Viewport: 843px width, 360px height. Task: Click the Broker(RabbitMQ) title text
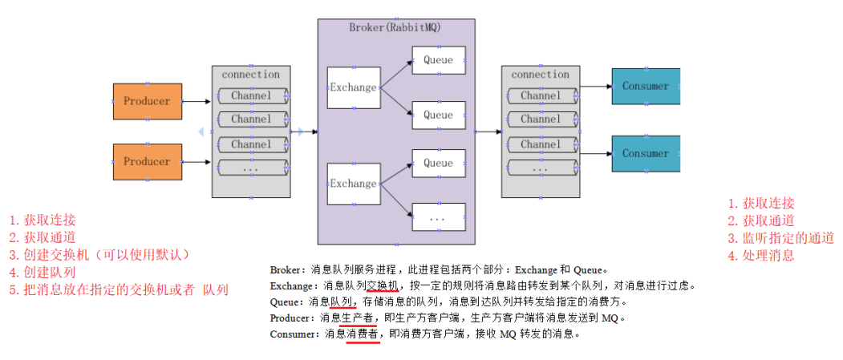tap(395, 27)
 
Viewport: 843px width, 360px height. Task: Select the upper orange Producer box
tap(147, 101)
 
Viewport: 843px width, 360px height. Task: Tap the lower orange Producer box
tap(147, 161)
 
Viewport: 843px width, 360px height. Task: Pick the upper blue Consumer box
tap(645, 86)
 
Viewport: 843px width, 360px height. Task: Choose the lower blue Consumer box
tap(645, 153)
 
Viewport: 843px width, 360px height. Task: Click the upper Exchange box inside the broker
tap(353, 87)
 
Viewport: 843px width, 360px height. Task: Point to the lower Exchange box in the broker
tap(353, 184)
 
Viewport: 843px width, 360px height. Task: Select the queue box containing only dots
tap(438, 217)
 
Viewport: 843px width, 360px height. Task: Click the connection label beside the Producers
tap(251, 75)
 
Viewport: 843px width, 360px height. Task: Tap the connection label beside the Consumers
tap(540, 75)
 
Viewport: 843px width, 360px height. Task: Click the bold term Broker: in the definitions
tap(289, 269)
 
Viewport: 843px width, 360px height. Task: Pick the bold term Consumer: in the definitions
tap(295, 334)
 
